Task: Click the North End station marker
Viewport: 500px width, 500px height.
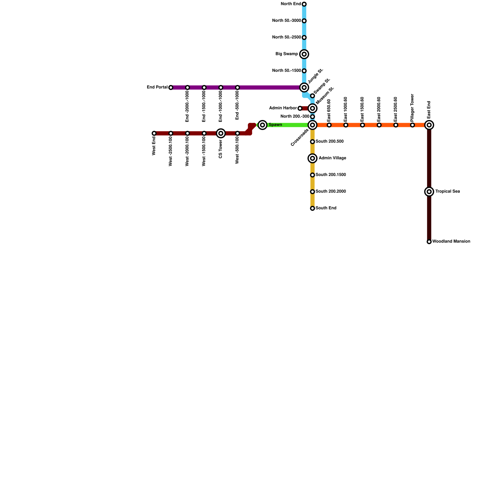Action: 304,4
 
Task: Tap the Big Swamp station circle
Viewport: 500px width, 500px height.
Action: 304,54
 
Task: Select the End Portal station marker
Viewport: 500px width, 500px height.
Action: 171,87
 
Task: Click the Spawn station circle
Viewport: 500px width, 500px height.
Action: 262,125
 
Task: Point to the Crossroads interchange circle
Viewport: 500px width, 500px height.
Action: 312,125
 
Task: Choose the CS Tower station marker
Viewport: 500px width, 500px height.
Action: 221,133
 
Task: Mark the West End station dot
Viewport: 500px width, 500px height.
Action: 154,133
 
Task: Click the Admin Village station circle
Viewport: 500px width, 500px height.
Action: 312,158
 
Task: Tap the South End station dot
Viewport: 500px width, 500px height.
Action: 312,208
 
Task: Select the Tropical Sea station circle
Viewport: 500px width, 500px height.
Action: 429,192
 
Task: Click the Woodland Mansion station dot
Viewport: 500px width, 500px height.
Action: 429,242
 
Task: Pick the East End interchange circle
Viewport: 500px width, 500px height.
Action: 429,125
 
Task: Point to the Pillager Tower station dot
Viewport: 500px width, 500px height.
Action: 412,125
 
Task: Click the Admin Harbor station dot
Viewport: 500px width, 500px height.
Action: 300,108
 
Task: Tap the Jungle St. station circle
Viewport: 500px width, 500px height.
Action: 304,87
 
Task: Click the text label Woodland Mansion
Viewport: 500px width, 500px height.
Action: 451,242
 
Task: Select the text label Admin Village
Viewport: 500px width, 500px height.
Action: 332,158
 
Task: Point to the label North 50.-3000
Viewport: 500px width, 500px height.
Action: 286,21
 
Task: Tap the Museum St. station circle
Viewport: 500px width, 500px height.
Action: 312,108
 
